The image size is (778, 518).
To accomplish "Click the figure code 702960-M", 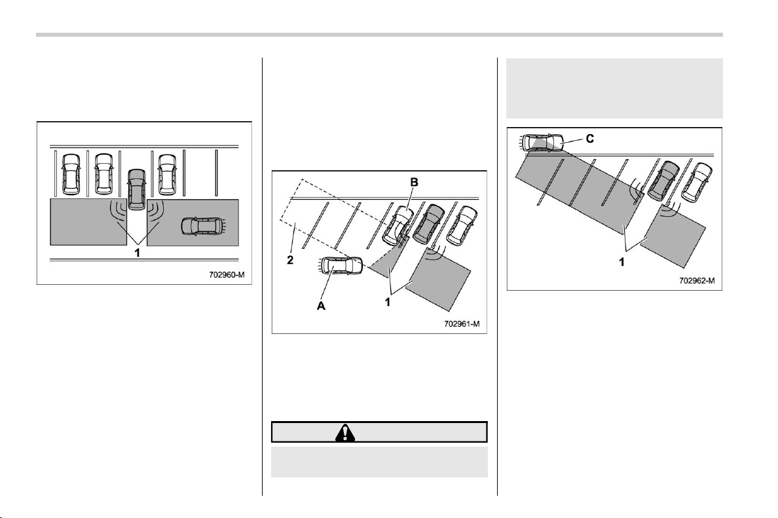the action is (227, 274).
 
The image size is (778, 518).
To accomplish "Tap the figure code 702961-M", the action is (462, 324).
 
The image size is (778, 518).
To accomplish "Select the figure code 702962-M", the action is (697, 280).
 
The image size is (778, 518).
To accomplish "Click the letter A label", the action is (321, 306).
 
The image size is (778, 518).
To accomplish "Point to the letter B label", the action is (414, 183).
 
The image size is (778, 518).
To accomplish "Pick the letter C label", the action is (590, 139).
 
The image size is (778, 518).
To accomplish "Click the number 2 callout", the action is (290, 260).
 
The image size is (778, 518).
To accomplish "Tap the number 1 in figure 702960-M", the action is (138, 253).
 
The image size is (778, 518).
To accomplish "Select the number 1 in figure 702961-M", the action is (388, 301).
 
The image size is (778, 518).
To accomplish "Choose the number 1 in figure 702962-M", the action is (621, 261).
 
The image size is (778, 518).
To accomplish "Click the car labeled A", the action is (340, 265).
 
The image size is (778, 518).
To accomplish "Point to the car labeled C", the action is (542, 142).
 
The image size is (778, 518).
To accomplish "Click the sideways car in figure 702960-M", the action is (202, 226).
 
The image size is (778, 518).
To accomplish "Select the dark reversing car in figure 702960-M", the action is (137, 189).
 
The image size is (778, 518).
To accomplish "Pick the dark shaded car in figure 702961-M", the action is (428, 224).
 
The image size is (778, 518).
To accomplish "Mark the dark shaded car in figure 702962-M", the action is (663, 181).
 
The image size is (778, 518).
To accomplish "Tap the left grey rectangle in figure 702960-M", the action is (88, 222).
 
